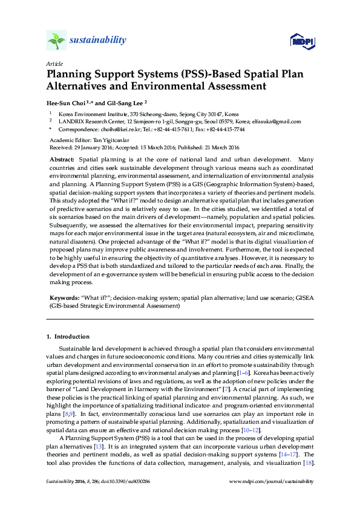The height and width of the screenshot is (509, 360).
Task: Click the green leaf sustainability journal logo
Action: click(x=56, y=41)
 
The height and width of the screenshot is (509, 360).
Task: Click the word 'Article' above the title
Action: click(x=54, y=63)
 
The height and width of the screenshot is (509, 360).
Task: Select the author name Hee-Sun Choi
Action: click(x=67, y=103)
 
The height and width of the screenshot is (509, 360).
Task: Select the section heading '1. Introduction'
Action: click(x=68, y=336)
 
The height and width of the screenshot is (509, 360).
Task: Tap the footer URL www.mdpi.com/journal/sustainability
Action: click(x=272, y=481)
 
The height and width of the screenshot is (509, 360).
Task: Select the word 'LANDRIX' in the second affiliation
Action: click(x=71, y=121)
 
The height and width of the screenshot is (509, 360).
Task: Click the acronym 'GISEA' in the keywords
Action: click(x=303, y=298)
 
